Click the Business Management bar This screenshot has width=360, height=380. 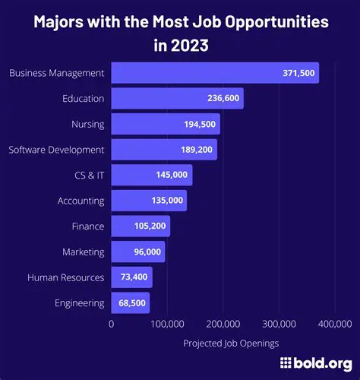215,73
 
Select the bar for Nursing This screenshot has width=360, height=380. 166,124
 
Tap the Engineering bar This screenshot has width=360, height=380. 131,302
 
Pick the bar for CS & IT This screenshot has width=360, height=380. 152,175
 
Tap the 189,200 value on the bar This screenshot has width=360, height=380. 197,150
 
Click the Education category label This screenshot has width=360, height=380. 83,99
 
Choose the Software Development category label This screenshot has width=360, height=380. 57,150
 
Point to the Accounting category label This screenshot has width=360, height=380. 81,201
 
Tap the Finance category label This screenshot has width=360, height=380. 87,226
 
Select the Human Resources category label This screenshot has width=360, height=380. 66,277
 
